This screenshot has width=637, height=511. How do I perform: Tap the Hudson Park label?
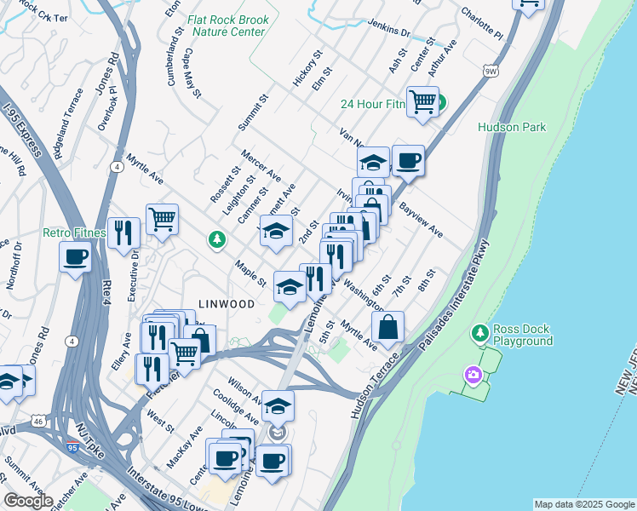click(x=511, y=127)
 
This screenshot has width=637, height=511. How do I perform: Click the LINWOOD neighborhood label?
click(x=227, y=304)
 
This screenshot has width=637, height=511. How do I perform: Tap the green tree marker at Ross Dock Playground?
click(x=480, y=331)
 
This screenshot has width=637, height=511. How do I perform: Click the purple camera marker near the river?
click(x=473, y=374)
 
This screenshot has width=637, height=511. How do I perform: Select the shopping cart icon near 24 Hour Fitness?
click(x=422, y=102)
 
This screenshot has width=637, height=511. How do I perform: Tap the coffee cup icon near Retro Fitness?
click(x=75, y=255)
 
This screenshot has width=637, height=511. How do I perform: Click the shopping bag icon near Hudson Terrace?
click(x=387, y=327)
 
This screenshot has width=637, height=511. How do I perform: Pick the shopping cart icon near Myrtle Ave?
click(x=162, y=219)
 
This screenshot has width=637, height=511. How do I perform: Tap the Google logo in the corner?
click(x=28, y=501)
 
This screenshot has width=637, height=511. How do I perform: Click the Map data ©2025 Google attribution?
click(x=583, y=504)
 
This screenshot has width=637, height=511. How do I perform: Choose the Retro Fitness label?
click(x=74, y=233)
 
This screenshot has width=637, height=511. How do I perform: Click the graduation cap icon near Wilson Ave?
click(x=278, y=407)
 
